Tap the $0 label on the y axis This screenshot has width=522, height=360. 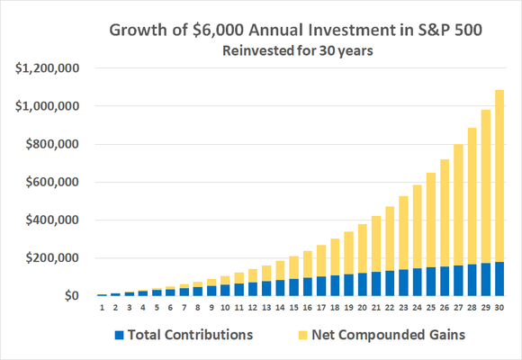(x=68, y=296)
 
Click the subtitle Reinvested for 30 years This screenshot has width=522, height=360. (x=286, y=50)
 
